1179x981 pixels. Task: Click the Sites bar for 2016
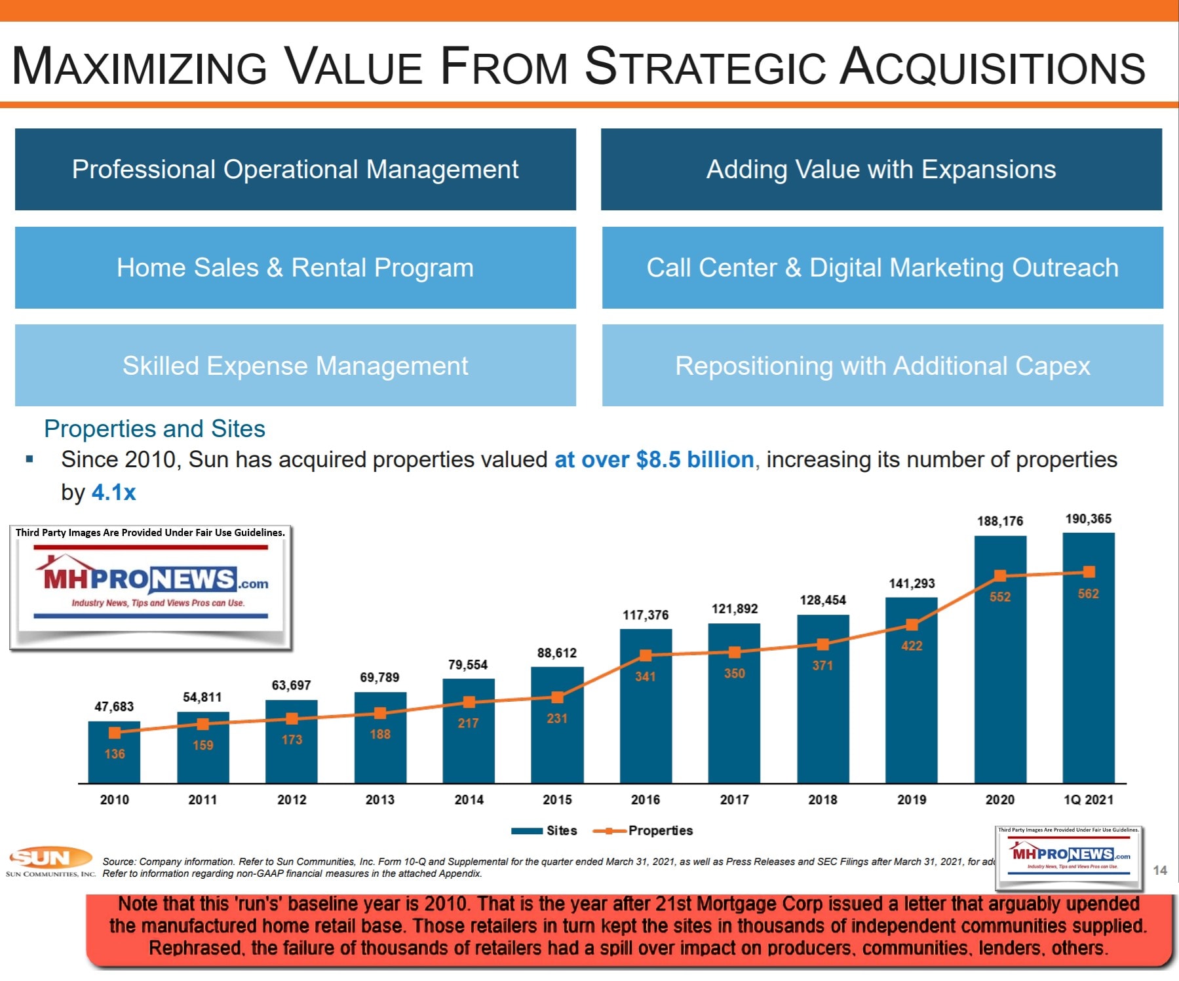coord(646,721)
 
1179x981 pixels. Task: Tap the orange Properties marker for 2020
coord(1000,575)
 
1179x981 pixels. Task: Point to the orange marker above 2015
coord(557,697)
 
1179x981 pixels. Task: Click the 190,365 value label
coord(1088,519)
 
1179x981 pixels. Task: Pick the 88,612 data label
coord(557,653)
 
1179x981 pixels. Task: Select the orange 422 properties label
coord(912,645)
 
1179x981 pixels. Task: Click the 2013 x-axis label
coord(380,799)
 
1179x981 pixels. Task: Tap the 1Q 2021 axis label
coord(1088,799)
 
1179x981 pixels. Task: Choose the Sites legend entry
coord(545,830)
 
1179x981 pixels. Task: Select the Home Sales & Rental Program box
coord(295,267)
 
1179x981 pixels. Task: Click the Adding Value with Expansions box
coord(881,169)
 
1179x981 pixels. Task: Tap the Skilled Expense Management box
coord(295,365)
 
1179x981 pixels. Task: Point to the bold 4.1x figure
coord(113,492)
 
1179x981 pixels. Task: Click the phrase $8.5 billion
coord(695,459)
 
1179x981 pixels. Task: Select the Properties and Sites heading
coord(155,429)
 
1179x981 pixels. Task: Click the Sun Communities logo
coord(50,861)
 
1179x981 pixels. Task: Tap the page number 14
coord(1160,870)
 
